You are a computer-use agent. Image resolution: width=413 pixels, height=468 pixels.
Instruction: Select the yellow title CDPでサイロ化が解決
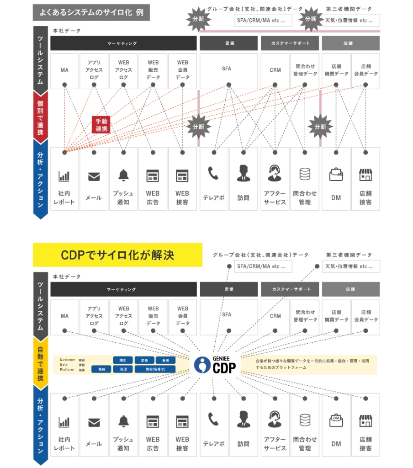point(117,255)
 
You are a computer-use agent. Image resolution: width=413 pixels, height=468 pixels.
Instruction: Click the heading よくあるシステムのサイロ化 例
point(91,12)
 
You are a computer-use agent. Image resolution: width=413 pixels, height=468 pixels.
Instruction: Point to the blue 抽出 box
point(123,360)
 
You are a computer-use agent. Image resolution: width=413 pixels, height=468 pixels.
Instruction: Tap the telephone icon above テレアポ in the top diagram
point(213,174)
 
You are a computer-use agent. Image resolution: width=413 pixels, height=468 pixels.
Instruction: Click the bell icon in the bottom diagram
point(123,421)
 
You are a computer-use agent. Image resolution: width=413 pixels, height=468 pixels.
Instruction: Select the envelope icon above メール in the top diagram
point(94,176)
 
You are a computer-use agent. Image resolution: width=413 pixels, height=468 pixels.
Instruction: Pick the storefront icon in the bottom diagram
point(365,421)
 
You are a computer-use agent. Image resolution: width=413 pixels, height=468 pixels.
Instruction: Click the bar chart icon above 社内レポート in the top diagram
point(64,176)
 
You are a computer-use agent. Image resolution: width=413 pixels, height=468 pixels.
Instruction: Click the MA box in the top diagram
point(64,71)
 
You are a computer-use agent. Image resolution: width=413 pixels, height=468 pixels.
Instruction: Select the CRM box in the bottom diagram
point(275,315)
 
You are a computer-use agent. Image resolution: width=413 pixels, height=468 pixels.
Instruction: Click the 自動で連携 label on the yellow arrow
point(41,364)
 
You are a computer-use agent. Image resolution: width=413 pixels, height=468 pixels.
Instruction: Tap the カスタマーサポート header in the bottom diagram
point(291,289)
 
